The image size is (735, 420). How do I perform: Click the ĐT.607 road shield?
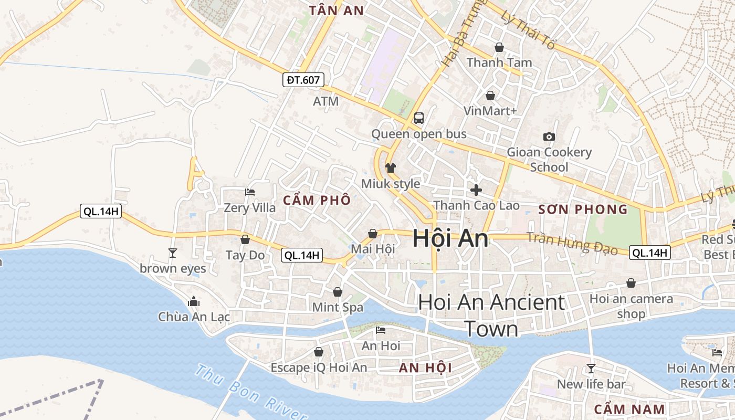tap(303, 80)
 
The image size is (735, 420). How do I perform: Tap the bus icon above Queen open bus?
tap(418, 118)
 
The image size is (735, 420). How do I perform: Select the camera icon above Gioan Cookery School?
tap(549, 136)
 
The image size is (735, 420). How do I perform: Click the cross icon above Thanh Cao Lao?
tap(476, 190)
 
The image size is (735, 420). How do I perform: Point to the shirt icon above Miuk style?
tap(390, 168)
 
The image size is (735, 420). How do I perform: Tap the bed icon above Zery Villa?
tap(250, 192)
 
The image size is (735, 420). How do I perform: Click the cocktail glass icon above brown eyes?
tap(173, 253)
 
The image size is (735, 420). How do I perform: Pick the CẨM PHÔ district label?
tap(317, 200)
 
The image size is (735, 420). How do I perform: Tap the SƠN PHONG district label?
tap(583, 209)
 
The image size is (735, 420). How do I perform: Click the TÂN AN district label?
tap(337, 10)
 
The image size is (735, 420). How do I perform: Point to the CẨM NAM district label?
tap(629, 409)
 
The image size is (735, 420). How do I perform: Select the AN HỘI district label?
tap(425, 367)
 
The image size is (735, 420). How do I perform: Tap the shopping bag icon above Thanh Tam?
tap(499, 47)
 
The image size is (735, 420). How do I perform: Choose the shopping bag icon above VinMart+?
tap(490, 96)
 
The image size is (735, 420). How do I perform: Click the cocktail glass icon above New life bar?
tap(591, 368)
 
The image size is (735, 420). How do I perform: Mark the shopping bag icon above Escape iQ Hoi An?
tap(318, 351)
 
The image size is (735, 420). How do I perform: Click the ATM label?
tap(325, 101)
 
